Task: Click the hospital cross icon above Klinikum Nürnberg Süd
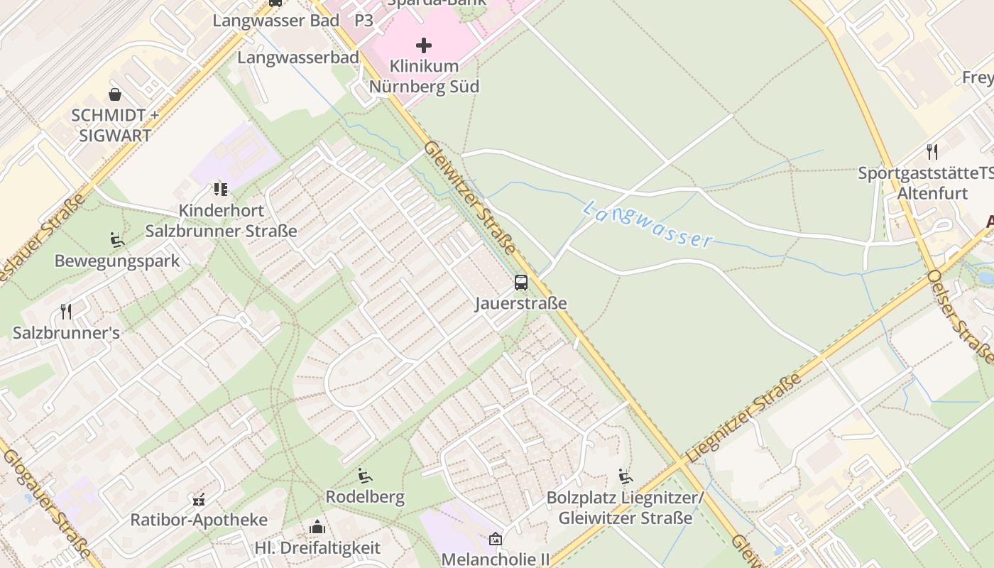click(424, 46)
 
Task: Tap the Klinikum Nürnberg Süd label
click(425, 77)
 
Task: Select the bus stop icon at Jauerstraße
click(521, 283)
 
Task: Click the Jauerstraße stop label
click(521, 304)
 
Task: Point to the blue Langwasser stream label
click(648, 224)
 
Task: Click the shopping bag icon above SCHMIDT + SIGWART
click(115, 94)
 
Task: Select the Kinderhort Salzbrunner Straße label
click(222, 221)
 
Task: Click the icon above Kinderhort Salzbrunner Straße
click(221, 190)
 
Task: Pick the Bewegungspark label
click(117, 261)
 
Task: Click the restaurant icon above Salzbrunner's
click(66, 311)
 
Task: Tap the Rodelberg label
click(365, 497)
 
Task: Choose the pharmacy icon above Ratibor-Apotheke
click(199, 499)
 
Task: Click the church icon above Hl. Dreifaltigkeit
click(317, 527)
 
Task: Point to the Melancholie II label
click(496, 559)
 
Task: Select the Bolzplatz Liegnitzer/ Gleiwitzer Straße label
click(625, 508)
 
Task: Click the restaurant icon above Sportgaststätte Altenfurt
click(932, 151)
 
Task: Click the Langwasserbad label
click(298, 58)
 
